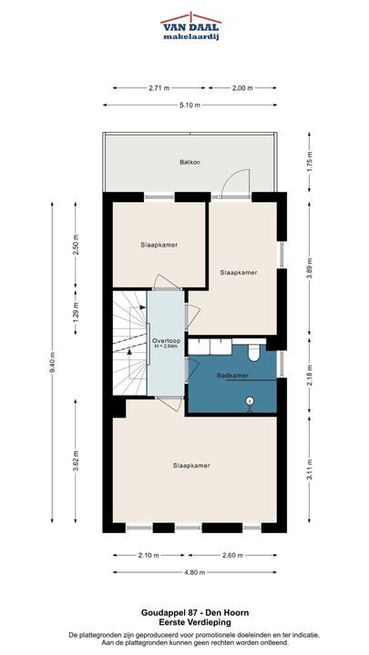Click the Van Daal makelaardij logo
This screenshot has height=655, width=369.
coord(190,25)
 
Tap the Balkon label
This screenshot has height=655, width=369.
coord(188,162)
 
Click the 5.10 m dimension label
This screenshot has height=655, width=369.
coord(190,105)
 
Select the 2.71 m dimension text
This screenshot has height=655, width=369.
coord(159,87)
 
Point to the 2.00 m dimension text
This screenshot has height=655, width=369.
coord(242,87)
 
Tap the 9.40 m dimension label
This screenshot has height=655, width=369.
coord(52,363)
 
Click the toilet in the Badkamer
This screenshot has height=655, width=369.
coord(254,353)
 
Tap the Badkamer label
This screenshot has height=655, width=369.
coord(232,376)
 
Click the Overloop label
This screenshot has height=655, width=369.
coord(165,340)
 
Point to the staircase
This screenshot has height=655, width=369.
coord(130,343)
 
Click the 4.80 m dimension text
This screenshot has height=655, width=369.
coord(195,572)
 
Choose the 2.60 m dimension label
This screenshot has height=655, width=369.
coord(232,555)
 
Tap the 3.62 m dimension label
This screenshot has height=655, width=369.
coord(76,460)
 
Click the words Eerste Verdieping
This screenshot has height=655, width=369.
coord(194,622)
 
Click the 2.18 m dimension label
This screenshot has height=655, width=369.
coord(309,374)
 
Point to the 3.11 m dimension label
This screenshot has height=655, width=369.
coord(309,469)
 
